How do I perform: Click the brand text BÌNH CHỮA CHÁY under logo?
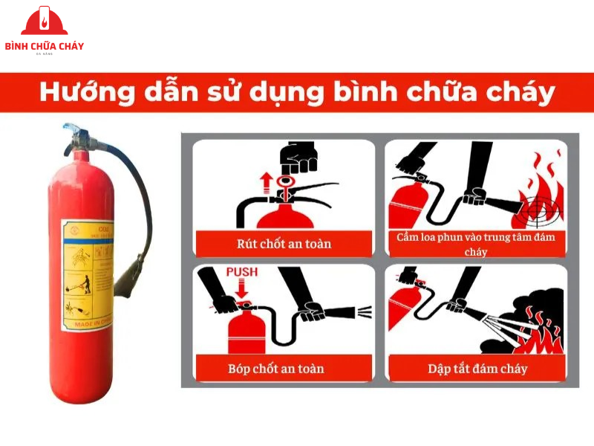[x=45, y=46]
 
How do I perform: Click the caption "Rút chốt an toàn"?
[x=284, y=243]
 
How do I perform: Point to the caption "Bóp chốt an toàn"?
[x=284, y=368]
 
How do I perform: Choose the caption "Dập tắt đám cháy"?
[x=477, y=368]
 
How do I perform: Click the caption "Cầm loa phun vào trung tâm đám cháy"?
[x=477, y=244]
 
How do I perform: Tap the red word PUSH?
[x=242, y=273]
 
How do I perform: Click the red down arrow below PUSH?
[x=242, y=289]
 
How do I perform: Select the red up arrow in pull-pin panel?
[x=264, y=181]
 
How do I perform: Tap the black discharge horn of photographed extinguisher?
[x=131, y=271]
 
